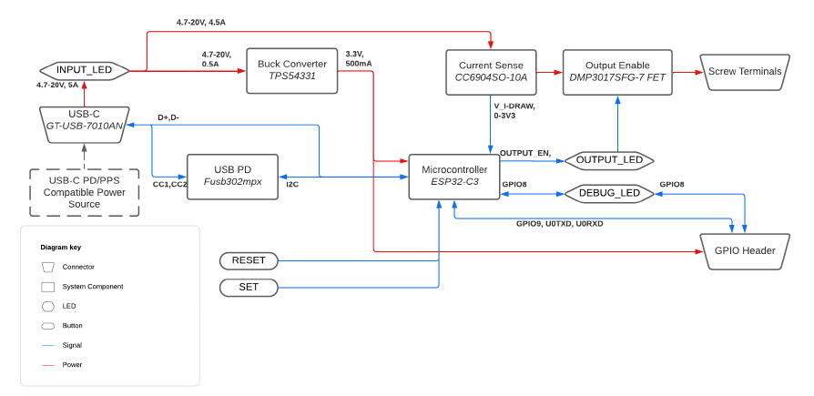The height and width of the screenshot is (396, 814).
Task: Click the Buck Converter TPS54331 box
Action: (x=292, y=70)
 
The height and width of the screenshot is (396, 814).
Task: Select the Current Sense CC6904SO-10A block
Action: (x=491, y=72)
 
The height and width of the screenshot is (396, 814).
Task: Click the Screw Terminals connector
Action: (x=744, y=72)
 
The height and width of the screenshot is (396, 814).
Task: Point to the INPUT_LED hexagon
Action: (x=84, y=70)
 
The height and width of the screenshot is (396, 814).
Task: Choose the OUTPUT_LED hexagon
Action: (x=609, y=160)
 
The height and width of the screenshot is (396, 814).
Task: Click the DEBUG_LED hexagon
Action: (x=609, y=193)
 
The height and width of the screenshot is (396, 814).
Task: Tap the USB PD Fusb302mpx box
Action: (x=232, y=176)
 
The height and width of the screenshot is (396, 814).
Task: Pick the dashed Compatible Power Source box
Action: (x=84, y=192)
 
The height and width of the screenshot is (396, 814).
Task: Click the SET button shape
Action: (x=249, y=288)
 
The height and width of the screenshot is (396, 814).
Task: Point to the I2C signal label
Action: (x=291, y=185)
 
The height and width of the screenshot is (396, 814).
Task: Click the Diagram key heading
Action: (x=60, y=248)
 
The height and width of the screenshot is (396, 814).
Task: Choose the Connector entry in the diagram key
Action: (x=78, y=267)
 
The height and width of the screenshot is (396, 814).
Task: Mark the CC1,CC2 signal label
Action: (x=169, y=185)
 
